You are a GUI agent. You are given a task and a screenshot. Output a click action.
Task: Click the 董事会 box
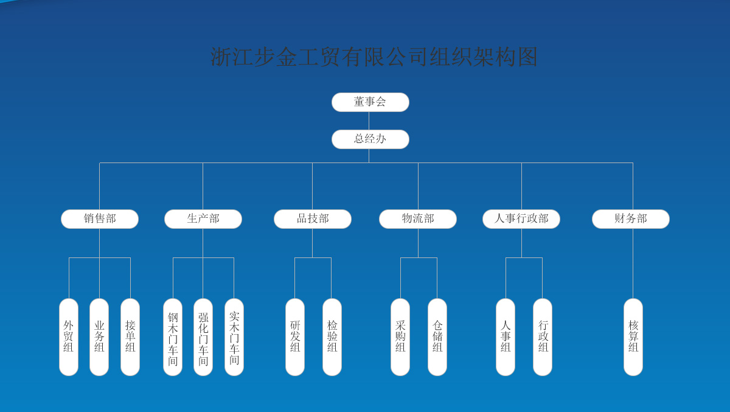pos(370,102)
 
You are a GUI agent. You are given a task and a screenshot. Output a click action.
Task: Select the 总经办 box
pos(370,139)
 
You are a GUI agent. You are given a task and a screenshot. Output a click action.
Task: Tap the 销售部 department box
pos(100,219)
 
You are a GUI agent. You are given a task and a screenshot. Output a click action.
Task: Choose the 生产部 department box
pos(203,219)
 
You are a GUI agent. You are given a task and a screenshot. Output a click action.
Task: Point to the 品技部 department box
pos(313,219)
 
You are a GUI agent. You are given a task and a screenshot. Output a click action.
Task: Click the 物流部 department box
pos(418,219)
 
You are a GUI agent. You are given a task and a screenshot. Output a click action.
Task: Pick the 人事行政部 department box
pos(521,219)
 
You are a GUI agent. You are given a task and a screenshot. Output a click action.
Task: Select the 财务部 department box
pos(631,219)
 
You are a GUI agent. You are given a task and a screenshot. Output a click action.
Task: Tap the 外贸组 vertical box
pos(69,337)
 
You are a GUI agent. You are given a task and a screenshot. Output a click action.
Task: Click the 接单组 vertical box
pos(130,337)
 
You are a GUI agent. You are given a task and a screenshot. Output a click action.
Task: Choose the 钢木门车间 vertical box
pos(173,337)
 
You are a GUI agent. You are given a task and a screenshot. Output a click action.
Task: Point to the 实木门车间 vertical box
pos(234,337)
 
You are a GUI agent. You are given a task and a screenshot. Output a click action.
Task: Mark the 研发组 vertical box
pos(295,337)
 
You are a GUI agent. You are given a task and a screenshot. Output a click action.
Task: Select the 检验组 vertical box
pos(332,337)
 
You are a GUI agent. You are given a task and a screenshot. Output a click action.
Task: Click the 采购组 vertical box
pos(400,337)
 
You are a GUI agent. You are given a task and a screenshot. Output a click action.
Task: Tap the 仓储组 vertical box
pos(437,337)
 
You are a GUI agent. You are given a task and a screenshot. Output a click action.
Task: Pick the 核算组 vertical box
pos(633,337)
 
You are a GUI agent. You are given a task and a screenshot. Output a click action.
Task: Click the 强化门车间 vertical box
pos(203,337)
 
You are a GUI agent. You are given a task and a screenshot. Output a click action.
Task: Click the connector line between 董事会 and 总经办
pos(369,120)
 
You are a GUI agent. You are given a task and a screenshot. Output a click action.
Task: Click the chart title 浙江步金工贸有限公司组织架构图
pos(374,57)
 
